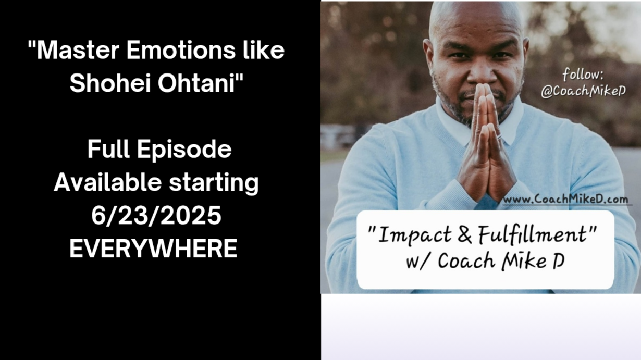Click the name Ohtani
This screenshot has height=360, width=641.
point(197,83)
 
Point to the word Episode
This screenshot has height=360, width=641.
point(184,150)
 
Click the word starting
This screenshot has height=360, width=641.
point(214,183)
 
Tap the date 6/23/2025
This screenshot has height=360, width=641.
point(156,216)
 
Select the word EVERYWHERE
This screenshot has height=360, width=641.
point(153,249)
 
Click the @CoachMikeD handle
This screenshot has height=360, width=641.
point(583,91)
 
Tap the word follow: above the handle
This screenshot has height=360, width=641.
point(583,75)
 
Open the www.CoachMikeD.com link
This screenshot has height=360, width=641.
point(565,199)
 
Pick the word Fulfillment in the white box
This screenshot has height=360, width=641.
point(533,234)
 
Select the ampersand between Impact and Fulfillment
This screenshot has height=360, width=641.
point(465,234)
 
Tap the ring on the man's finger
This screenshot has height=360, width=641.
point(499,137)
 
